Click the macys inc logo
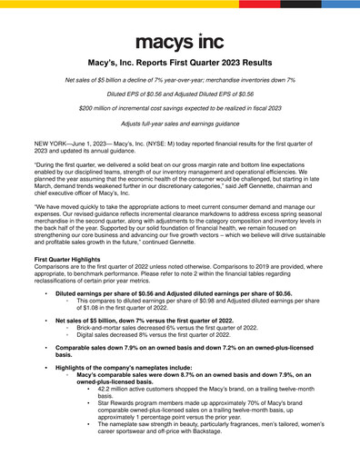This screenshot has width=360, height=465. point(179,41)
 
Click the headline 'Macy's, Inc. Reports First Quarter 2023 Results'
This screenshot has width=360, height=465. point(179,66)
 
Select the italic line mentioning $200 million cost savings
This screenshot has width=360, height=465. point(179,107)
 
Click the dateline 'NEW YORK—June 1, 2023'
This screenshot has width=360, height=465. point(71,144)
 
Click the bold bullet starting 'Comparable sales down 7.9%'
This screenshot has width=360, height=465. point(182,351)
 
